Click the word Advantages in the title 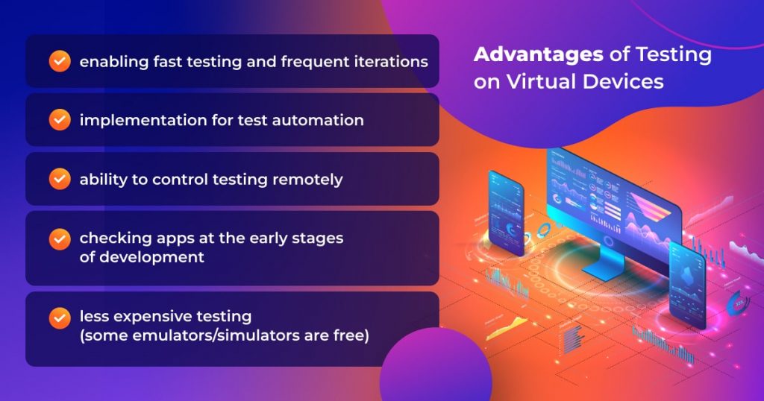pyautogui.click(x=539, y=54)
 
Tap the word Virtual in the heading pyautogui.click(x=541, y=81)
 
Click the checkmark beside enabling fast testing pyautogui.click(x=60, y=61)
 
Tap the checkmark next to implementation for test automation pyautogui.click(x=60, y=120)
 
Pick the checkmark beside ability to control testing pyautogui.click(x=60, y=179)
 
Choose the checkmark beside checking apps pyautogui.click(x=60, y=239)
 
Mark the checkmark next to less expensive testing pyautogui.click(x=60, y=318)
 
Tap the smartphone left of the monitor pyautogui.click(x=507, y=212)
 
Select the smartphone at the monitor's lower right pyautogui.click(x=687, y=285)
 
